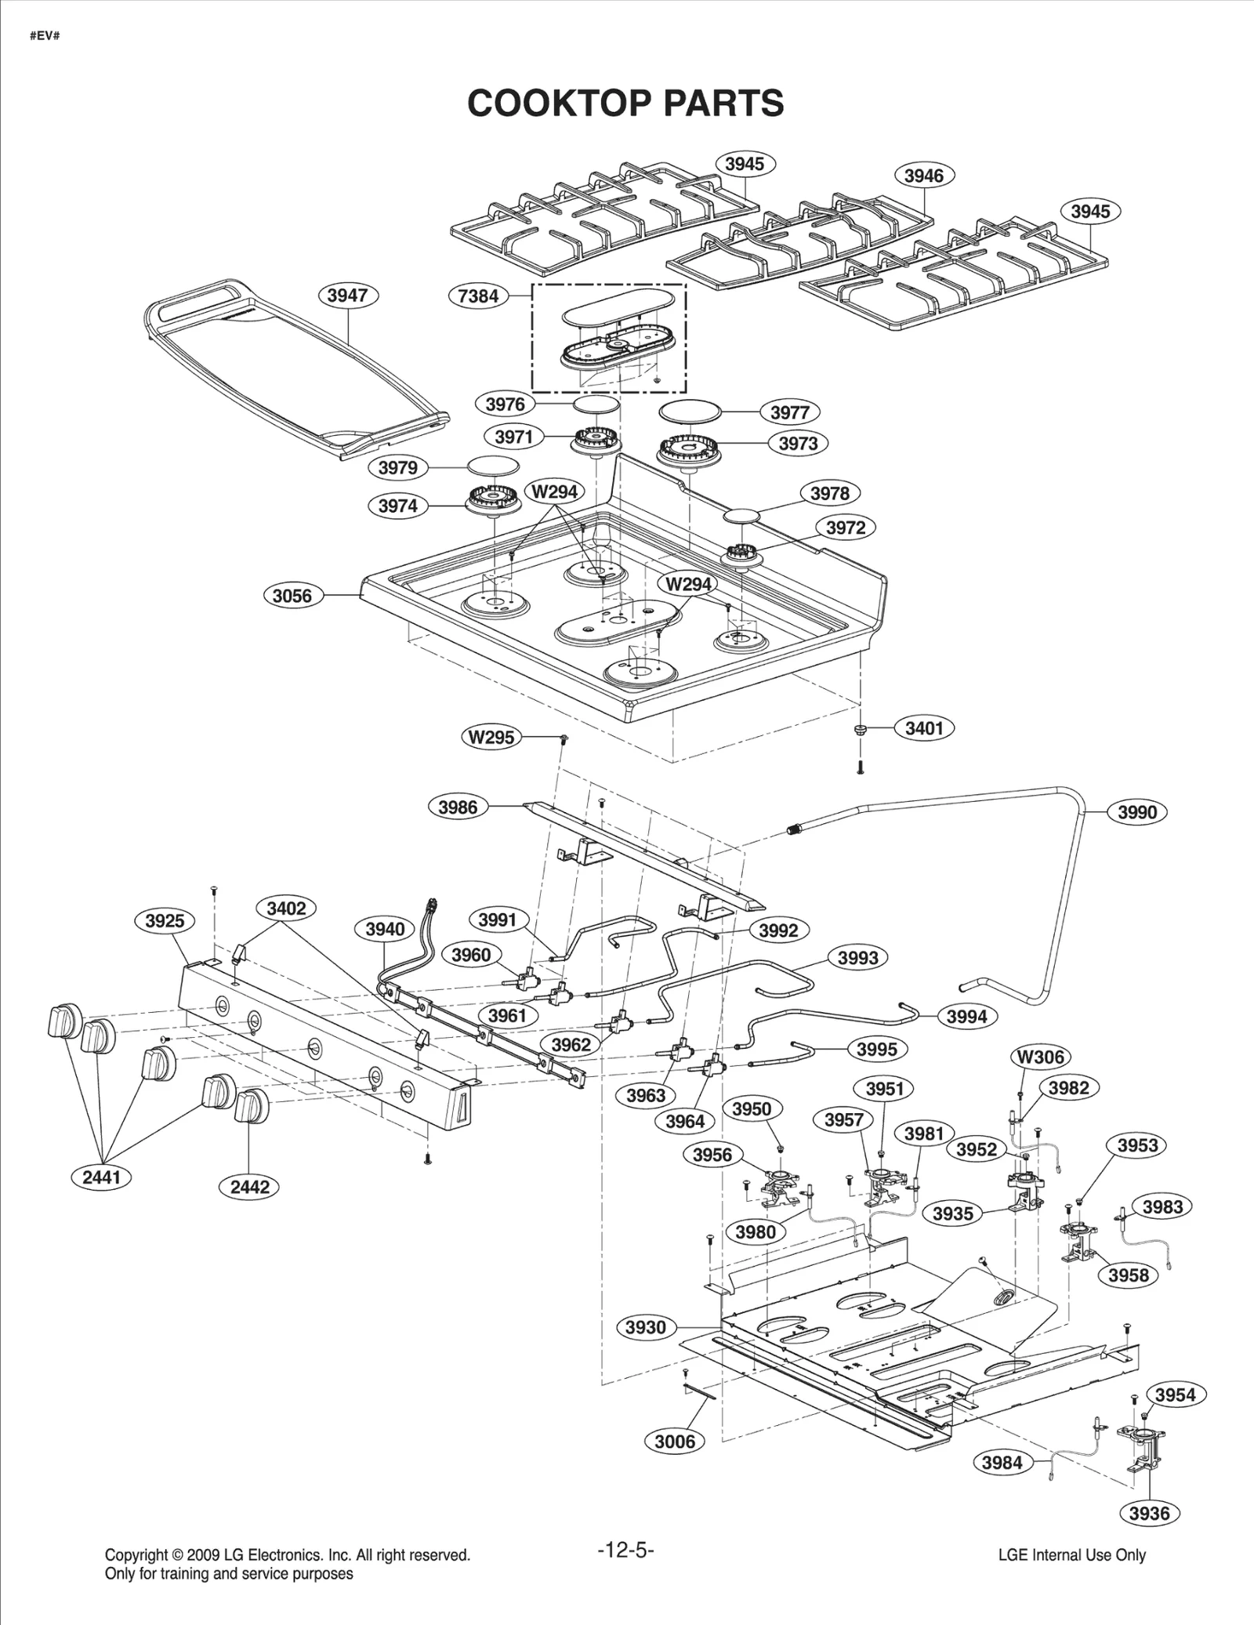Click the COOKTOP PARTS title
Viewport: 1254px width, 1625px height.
(x=625, y=103)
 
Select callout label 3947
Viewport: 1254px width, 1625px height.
(x=347, y=296)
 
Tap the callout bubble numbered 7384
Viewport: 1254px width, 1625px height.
(x=478, y=296)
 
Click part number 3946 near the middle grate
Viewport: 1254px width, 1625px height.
(x=924, y=176)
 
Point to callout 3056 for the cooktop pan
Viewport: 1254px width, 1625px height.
(x=292, y=596)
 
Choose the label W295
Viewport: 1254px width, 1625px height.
(x=491, y=737)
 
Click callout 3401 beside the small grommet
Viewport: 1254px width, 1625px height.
(x=924, y=728)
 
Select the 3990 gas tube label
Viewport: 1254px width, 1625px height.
(x=1136, y=812)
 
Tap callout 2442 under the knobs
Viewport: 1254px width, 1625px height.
(x=250, y=1187)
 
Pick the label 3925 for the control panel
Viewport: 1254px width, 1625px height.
(x=165, y=921)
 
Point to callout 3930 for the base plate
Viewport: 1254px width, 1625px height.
(x=645, y=1327)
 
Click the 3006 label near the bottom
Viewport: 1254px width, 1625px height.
(x=674, y=1441)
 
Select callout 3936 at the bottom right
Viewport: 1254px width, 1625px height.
(x=1149, y=1513)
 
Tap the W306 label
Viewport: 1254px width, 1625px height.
(x=1040, y=1057)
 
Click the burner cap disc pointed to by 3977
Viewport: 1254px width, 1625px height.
(x=689, y=411)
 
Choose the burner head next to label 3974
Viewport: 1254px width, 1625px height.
(x=490, y=499)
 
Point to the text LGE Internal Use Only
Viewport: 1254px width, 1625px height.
(x=1071, y=1555)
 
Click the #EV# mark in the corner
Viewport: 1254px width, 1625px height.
(x=45, y=37)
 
